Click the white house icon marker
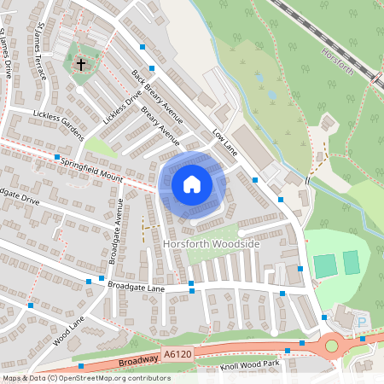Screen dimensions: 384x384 (x=192, y=183)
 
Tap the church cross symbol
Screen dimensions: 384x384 (x=81, y=64)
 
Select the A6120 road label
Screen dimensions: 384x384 (x=173, y=352)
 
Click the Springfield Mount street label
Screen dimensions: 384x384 (x=99, y=167)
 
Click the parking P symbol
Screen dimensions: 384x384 (x=361, y=322)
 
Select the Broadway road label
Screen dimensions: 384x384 (x=139, y=360)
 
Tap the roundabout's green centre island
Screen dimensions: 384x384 (x=331, y=346)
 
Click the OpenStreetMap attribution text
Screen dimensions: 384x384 (x=86, y=377)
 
